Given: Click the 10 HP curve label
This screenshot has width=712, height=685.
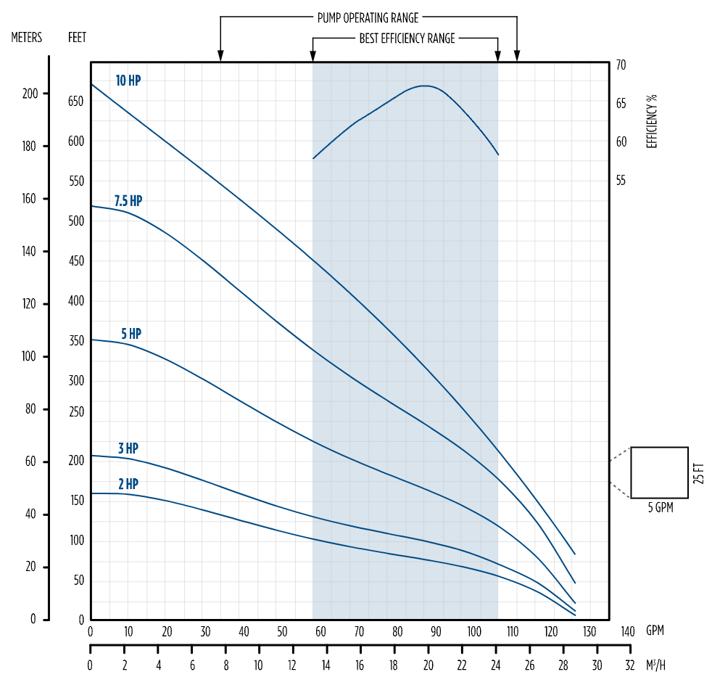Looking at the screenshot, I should [128, 81].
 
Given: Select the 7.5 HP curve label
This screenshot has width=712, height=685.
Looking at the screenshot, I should [128, 201].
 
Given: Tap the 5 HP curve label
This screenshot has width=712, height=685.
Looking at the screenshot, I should [131, 334].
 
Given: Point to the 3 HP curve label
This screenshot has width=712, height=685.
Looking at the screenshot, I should [128, 448].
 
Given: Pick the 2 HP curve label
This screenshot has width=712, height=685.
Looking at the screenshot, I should [128, 483].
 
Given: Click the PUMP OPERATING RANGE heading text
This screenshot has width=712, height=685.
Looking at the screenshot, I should [368, 17].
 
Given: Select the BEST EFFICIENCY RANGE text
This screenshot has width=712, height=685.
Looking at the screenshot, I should [407, 38].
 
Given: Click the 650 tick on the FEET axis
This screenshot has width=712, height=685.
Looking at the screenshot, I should [76, 101].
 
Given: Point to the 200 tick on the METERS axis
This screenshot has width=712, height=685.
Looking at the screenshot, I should [30, 94].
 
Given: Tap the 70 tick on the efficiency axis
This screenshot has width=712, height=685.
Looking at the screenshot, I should [621, 65].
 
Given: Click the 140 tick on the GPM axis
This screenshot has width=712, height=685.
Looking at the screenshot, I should [628, 630].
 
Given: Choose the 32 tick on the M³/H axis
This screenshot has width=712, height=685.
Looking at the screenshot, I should [631, 665].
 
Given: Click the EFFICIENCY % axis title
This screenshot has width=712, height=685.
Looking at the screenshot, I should [652, 121].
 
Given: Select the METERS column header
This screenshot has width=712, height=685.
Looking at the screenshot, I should [27, 37].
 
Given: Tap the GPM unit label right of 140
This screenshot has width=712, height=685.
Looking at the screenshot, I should [655, 630].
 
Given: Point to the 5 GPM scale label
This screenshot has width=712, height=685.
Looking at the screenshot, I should [660, 508].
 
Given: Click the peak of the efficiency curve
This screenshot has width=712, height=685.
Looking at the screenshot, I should [426, 86].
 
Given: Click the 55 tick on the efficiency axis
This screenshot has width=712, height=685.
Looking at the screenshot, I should [621, 180].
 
